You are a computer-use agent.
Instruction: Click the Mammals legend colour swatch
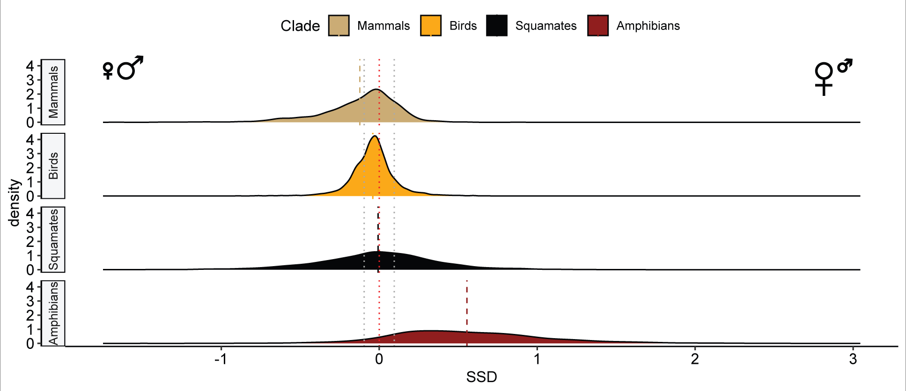tap(339, 26)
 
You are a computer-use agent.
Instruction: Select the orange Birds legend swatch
tap(431, 26)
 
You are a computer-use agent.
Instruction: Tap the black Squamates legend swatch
tap(497, 26)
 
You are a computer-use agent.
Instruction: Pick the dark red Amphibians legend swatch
tap(598, 26)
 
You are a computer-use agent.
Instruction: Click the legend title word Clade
tap(300, 26)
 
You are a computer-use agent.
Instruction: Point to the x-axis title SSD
tap(481, 377)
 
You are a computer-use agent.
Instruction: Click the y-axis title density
tap(15, 203)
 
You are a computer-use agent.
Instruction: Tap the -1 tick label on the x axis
tap(221, 359)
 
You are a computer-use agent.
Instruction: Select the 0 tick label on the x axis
tap(379, 359)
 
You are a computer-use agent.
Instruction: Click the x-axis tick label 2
tap(695, 359)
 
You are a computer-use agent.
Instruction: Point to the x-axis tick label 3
tap(853, 359)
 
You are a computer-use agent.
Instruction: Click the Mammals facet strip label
tap(53, 92)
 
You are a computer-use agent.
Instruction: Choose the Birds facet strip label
tap(53, 166)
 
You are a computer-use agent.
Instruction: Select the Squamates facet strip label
tap(53, 239)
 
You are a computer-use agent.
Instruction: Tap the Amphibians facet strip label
tap(53, 313)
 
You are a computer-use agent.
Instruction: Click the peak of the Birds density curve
tap(375, 136)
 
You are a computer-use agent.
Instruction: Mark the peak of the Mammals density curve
tap(377, 89)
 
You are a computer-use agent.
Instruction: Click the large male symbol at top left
tap(129, 68)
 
